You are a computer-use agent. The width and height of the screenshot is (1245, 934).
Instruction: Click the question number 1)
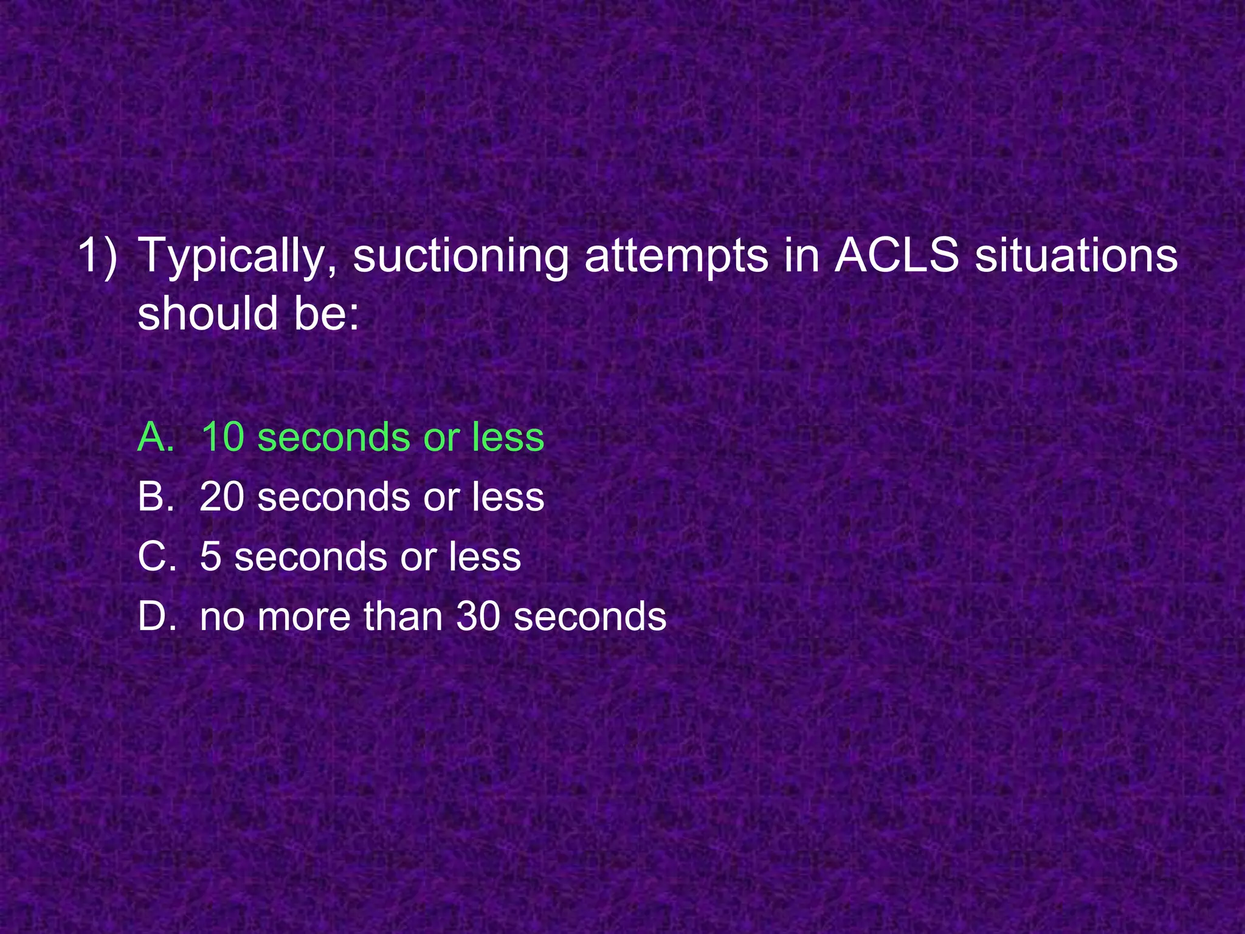click(x=97, y=256)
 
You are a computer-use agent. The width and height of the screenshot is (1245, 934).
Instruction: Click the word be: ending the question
click(x=327, y=314)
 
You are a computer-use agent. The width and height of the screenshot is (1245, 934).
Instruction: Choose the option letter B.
click(x=156, y=496)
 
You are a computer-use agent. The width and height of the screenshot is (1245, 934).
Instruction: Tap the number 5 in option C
click(x=210, y=556)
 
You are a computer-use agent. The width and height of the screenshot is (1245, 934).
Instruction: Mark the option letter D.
click(x=156, y=616)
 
